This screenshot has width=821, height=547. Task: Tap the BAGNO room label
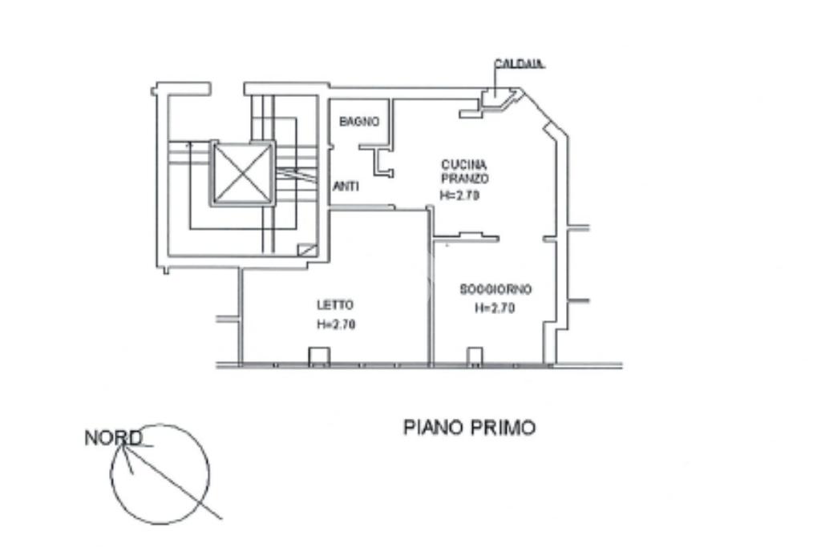click(358, 122)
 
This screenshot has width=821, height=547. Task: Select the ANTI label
click(346, 186)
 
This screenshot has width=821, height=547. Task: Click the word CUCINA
click(463, 165)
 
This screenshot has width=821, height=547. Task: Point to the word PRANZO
click(464, 179)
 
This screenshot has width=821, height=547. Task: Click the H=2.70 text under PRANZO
click(459, 195)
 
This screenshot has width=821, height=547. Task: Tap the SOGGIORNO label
click(496, 289)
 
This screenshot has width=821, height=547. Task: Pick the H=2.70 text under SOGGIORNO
click(495, 308)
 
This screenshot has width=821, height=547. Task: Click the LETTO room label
click(335, 304)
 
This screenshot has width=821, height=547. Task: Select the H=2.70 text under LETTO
click(336, 324)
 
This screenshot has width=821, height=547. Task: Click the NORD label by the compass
click(113, 438)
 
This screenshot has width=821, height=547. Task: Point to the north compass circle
click(160, 474)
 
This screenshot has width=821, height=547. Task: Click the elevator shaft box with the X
click(243, 173)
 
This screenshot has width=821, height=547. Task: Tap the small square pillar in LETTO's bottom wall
click(319, 356)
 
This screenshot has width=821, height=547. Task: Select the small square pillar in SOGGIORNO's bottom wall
click(475, 356)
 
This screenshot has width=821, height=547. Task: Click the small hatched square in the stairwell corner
click(305, 250)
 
